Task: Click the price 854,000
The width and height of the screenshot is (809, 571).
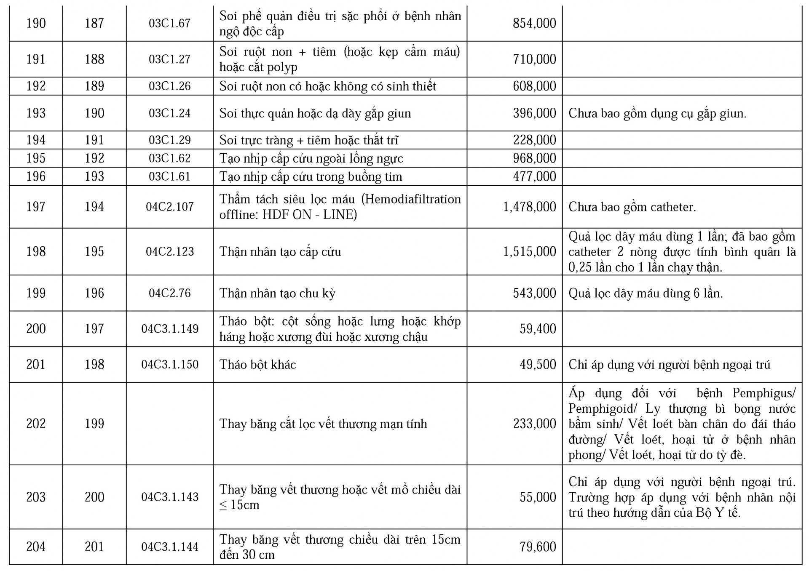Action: [x=534, y=23]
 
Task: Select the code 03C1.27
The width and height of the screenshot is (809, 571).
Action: [x=169, y=59]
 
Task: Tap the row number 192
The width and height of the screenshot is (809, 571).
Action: [x=36, y=86]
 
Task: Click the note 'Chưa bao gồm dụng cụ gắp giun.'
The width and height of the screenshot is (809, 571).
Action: [x=657, y=113]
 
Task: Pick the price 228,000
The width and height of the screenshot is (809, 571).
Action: [x=534, y=140]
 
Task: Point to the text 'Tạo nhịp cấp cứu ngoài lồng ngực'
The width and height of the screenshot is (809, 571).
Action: [x=311, y=158]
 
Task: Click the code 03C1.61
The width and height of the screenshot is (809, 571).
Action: [x=169, y=176]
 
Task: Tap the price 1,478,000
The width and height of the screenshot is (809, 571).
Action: [x=530, y=207]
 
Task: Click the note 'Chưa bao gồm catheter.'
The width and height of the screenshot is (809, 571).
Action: [x=632, y=207]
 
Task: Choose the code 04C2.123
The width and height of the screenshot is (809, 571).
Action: [x=169, y=251]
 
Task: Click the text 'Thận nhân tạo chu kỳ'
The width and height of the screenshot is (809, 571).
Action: [x=277, y=293]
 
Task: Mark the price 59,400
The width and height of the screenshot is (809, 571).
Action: [x=538, y=329]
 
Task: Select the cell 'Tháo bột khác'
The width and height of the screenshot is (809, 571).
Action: [x=257, y=364]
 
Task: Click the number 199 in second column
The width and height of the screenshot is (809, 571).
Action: [x=94, y=424]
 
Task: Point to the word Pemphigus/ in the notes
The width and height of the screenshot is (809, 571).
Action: [x=763, y=393]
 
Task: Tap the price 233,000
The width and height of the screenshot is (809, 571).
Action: [x=534, y=424]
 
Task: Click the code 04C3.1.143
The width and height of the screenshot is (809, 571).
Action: [x=169, y=497]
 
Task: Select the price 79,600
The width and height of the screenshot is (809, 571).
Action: [x=538, y=547]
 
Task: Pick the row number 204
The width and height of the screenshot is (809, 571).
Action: [x=36, y=547]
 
